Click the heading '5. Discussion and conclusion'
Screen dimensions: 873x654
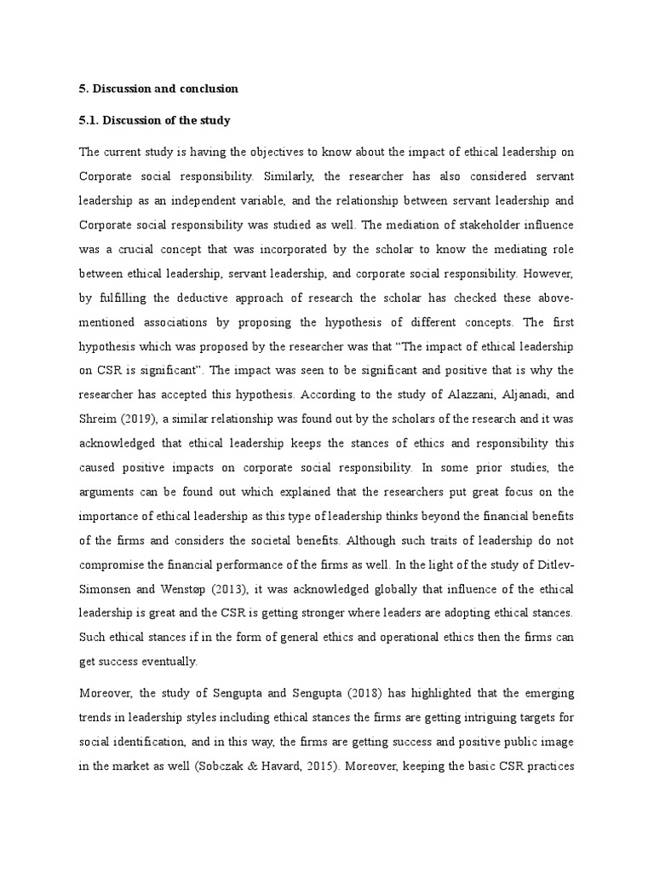158,89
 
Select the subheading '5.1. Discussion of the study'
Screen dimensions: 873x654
155,120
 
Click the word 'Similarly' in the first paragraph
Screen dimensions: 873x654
300,174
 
